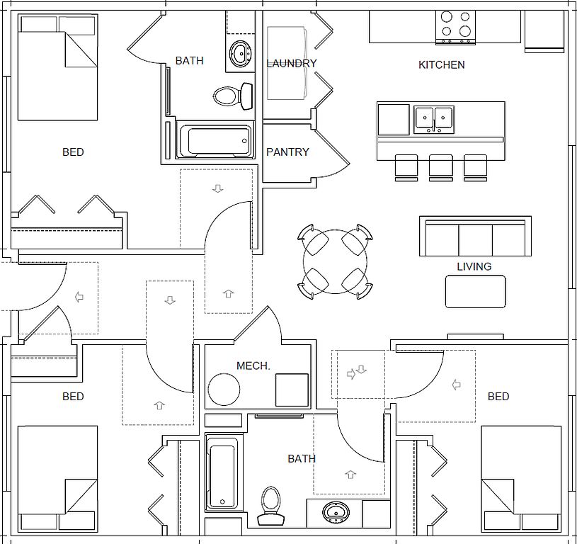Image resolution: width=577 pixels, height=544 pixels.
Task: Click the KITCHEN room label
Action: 441,65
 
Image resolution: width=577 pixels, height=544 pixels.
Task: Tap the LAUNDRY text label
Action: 291,64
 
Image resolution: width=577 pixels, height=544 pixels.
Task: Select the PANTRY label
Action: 287,152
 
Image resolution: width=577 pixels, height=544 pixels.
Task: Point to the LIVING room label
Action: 474,267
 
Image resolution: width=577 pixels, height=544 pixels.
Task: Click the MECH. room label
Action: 253,366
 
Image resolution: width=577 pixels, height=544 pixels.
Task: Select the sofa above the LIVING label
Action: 475,237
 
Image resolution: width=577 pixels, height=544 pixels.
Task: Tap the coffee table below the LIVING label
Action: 475,291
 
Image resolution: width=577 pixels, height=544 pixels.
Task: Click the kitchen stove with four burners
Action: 456,25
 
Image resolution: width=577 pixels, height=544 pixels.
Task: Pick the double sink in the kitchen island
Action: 433,119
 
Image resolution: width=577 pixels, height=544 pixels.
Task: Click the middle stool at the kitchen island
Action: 440,167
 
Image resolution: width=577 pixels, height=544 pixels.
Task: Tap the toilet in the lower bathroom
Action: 270,506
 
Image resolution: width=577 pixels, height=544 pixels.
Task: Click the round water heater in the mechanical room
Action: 224,390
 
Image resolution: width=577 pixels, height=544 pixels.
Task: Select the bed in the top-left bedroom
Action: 57,67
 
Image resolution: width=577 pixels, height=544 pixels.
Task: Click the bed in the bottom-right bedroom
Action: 521,478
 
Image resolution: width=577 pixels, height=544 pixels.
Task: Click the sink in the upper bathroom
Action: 241,52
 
